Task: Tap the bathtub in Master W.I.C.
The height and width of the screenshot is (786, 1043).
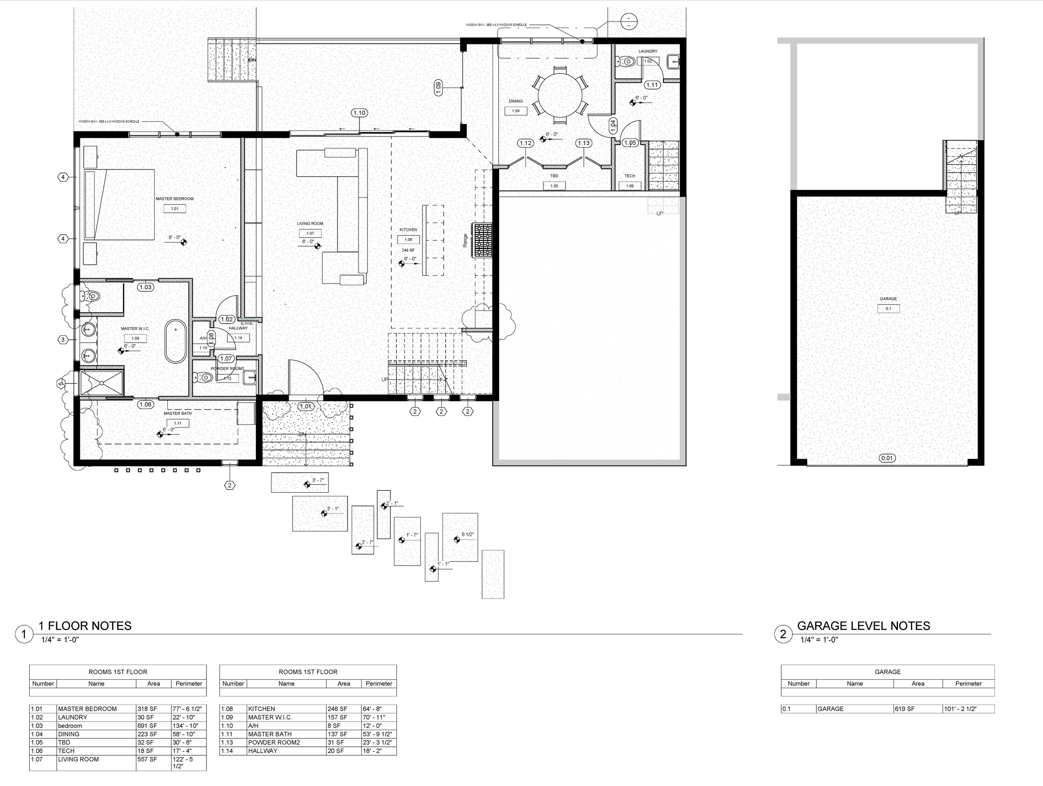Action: tap(176, 341)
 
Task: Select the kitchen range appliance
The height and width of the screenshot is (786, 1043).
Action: tap(483, 241)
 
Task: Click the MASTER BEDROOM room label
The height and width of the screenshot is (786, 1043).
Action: tap(174, 199)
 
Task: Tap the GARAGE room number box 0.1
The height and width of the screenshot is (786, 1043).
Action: tap(888, 309)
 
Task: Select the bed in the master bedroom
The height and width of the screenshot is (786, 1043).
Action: tap(119, 205)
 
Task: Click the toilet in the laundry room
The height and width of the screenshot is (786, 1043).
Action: tap(626, 61)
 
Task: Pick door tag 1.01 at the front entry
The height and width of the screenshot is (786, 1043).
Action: tap(306, 406)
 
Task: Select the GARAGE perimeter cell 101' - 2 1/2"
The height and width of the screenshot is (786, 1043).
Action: tap(968, 709)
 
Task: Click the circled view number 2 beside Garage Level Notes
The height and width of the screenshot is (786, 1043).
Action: tap(783, 634)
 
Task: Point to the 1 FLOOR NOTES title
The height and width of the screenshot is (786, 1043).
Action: tap(85, 626)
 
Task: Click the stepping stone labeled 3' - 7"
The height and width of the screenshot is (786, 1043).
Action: tap(300, 483)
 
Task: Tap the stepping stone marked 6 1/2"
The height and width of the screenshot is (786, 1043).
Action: tap(460, 537)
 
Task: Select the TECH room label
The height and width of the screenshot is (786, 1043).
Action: tap(629, 176)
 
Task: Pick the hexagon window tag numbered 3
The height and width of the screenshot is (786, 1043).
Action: tap(63, 339)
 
